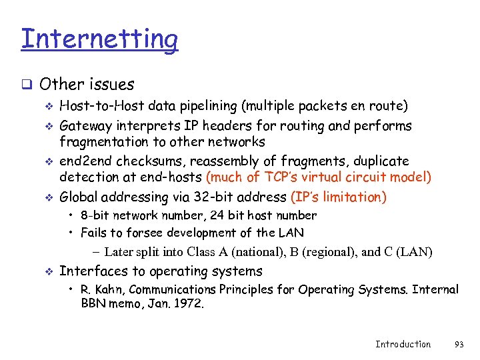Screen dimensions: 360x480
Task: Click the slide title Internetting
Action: point(99,39)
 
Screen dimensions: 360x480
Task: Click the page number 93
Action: point(458,344)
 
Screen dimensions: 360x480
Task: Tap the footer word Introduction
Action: point(403,344)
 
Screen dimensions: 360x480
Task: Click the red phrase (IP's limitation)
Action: point(339,197)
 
